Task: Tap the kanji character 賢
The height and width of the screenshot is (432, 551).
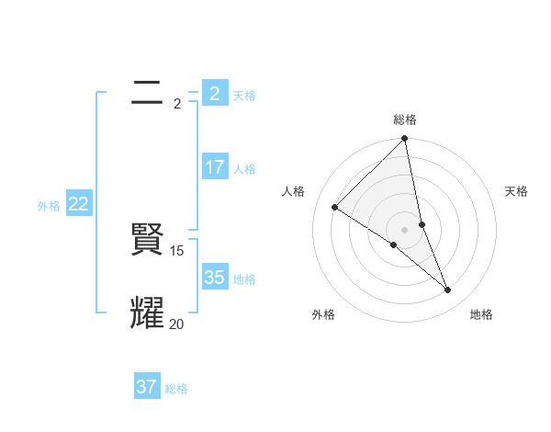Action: point(147,241)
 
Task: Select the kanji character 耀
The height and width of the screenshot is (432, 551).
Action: point(147,313)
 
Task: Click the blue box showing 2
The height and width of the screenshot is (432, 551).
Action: point(214,94)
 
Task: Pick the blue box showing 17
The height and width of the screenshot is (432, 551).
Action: point(214,167)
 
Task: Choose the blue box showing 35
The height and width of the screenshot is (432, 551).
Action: point(214,278)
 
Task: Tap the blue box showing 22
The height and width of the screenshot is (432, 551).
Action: point(78,204)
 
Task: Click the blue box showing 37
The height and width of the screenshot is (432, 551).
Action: point(147,387)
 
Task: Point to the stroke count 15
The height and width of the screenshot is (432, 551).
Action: point(178,250)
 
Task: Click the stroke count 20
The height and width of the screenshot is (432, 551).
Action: point(176,324)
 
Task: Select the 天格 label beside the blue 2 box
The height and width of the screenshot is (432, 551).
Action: point(244,96)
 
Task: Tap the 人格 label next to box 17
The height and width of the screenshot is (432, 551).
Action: point(244,169)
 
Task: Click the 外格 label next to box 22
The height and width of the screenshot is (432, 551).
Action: point(49,206)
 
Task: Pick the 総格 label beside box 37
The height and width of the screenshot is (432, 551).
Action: point(176,389)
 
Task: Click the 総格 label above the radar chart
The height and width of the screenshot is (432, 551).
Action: point(404,119)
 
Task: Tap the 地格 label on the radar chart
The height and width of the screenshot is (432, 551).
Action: point(481,315)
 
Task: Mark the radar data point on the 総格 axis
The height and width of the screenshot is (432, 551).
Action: point(404,139)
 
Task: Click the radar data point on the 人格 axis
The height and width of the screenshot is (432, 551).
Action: point(335,208)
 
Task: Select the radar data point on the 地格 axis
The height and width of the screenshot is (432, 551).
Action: point(448,290)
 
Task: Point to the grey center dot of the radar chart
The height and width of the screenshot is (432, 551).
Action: point(404,229)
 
